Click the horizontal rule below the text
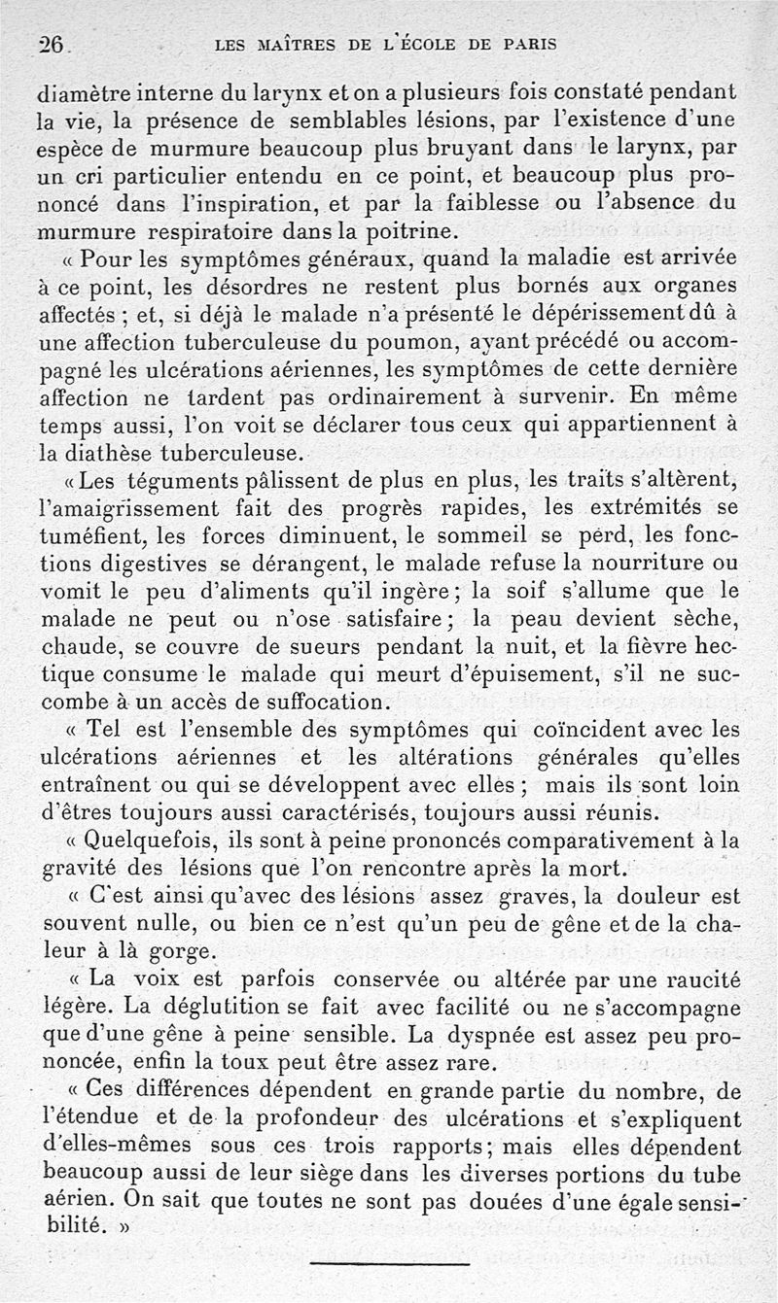coord(389,1262)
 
